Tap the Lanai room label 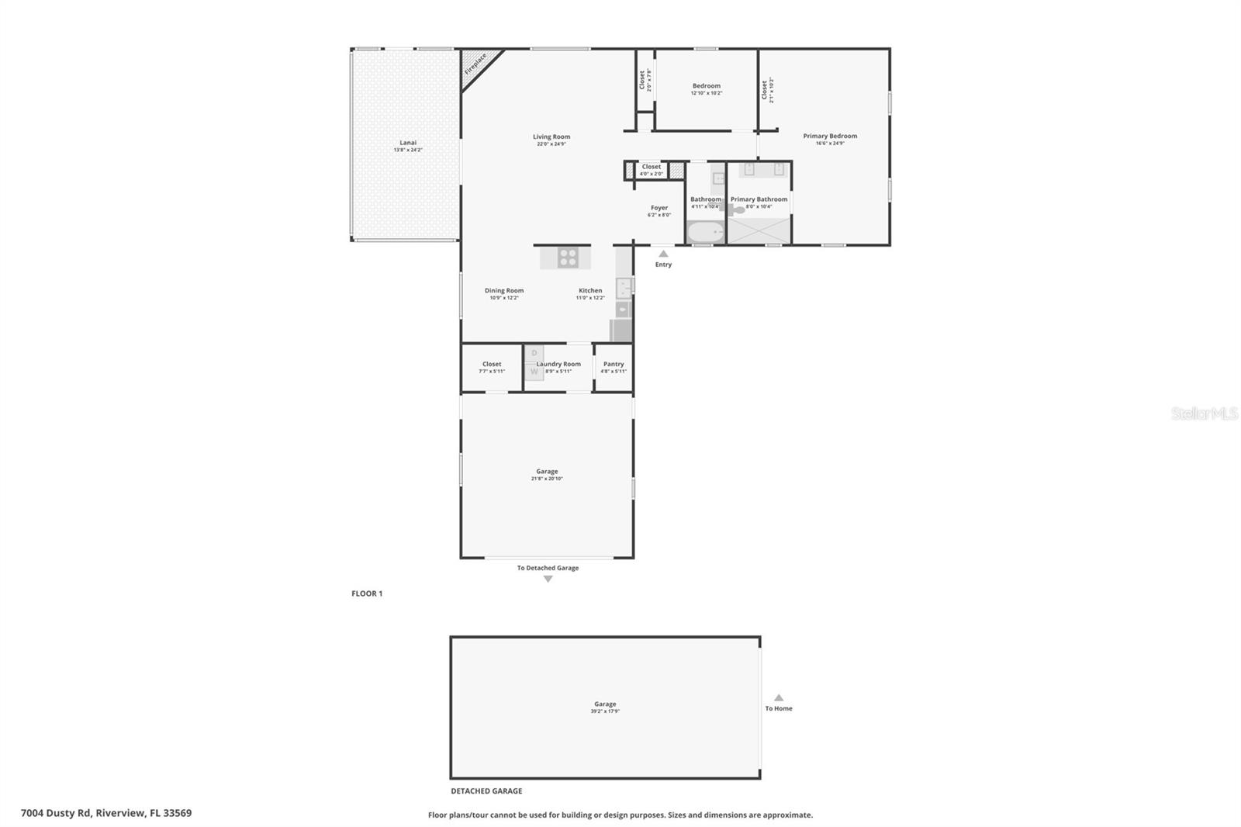[x=408, y=143]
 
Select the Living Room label [x=551, y=137]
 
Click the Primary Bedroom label [x=830, y=137]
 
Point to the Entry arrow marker [x=663, y=254]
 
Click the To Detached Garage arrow [x=548, y=579]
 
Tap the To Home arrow [x=779, y=697]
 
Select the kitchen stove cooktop [x=568, y=258]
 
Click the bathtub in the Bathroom [x=706, y=232]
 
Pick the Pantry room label [x=614, y=364]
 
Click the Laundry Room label [x=558, y=364]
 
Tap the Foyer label [x=659, y=208]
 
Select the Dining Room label [x=504, y=291]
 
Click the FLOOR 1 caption [x=367, y=593]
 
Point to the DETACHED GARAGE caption [x=486, y=791]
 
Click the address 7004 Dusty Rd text [x=106, y=813]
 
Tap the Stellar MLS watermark [x=1204, y=413]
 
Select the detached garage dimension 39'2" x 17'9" [x=605, y=711]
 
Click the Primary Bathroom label [x=759, y=199]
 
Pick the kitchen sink [x=624, y=288]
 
